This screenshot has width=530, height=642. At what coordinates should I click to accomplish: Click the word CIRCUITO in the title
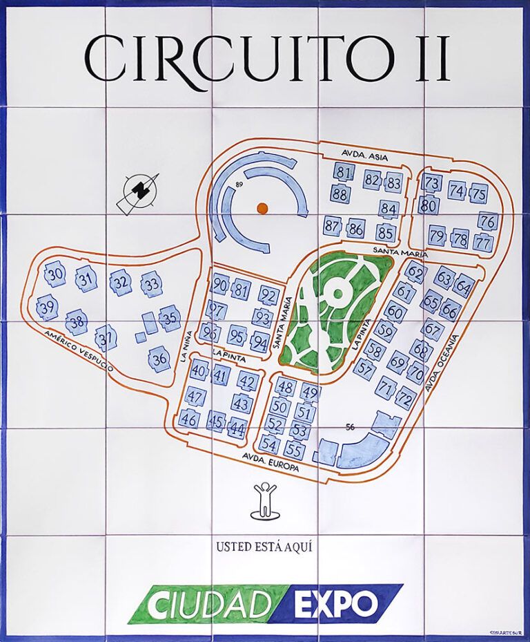point(235,59)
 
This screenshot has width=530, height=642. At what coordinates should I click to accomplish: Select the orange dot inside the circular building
point(262,207)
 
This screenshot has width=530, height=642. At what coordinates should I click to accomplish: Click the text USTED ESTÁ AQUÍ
point(264,547)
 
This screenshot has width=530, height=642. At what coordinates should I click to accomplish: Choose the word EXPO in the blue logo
point(335,605)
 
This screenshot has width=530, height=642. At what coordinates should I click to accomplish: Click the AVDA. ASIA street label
point(364,157)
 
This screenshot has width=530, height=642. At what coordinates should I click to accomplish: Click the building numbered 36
point(160,359)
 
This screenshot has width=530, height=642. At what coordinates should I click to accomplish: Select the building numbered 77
point(483,243)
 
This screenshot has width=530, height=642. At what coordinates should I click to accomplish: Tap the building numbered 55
point(294,451)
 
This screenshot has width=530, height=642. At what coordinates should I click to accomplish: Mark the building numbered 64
point(464,285)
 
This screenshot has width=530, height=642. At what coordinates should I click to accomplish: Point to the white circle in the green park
point(338,293)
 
